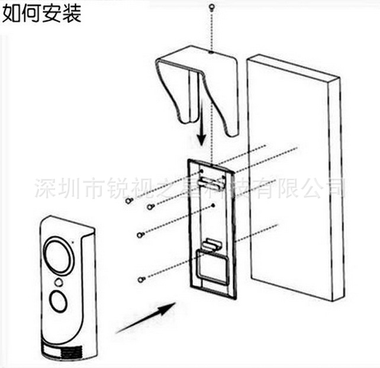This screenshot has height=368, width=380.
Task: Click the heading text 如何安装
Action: coord(41,12)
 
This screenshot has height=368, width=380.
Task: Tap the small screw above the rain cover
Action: coord(211,8)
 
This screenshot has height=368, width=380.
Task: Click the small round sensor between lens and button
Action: coord(58,282)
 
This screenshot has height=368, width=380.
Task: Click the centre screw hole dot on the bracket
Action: coord(213,206)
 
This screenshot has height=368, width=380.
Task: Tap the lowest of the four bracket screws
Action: coord(141,278)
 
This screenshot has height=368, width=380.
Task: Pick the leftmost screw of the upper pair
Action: coord(128,201)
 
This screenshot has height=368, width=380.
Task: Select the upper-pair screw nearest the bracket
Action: coord(150,207)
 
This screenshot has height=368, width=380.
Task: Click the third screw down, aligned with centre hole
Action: coord(140,235)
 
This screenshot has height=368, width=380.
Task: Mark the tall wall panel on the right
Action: coord(296,177)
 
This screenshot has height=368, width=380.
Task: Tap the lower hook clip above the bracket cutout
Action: coord(211,243)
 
